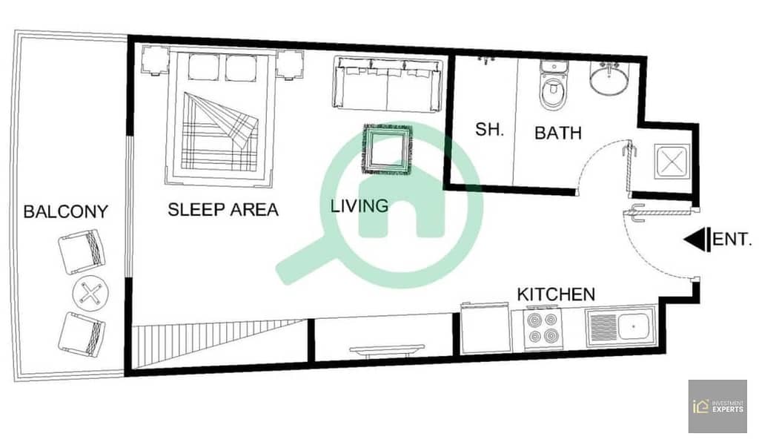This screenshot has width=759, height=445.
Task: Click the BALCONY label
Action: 66,211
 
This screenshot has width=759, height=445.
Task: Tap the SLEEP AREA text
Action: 223,210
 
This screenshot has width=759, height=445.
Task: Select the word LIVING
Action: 359,205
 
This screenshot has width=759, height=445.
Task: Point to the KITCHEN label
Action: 556,294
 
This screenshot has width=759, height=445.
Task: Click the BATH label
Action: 558,133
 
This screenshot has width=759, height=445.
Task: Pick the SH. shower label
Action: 489,129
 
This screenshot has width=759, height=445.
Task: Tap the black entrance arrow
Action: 697,240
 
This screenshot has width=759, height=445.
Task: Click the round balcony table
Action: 90,293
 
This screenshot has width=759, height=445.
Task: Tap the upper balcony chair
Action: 82,251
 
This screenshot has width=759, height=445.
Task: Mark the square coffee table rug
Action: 388,150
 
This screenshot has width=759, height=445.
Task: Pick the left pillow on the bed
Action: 204,67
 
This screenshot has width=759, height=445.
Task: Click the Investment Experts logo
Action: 717,406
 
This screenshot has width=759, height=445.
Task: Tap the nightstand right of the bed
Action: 290,65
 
